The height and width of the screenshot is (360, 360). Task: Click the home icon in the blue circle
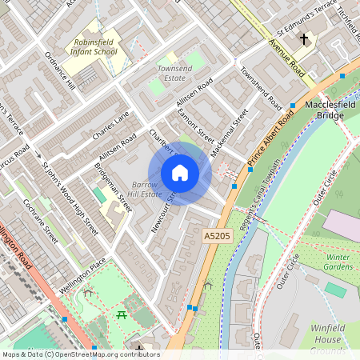pyautogui.click(x=180, y=172)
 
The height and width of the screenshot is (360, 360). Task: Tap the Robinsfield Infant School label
pyautogui.click(x=94, y=46)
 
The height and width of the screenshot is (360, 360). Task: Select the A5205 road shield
pyautogui.click(x=216, y=236)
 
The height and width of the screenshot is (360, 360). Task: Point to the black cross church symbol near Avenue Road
pyautogui.click(x=303, y=38)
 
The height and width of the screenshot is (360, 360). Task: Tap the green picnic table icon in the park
pyautogui.click(x=122, y=316)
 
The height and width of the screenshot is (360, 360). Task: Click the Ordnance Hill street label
pyautogui.click(x=59, y=73)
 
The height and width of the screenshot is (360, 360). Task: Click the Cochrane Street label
pyautogui.click(x=41, y=221)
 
